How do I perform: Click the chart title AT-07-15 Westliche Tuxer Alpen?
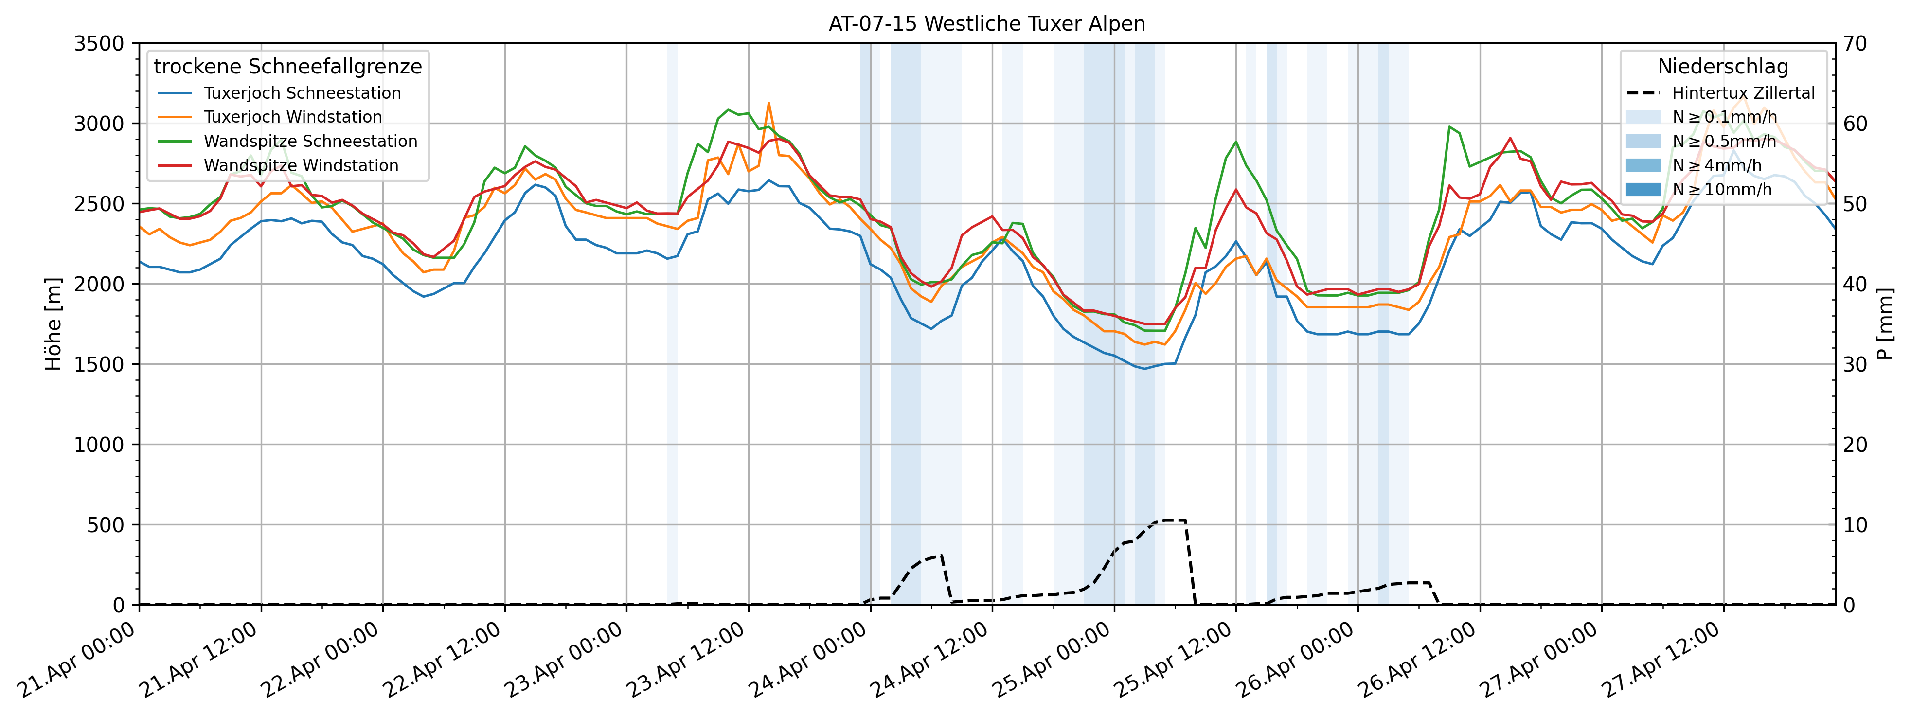point(987,24)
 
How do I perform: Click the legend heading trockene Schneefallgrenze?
point(288,67)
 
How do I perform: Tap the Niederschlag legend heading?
point(1723,67)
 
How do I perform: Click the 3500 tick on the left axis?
point(99,44)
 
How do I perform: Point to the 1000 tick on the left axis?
point(99,445)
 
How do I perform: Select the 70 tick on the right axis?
point(1856,44)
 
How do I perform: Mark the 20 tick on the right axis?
point(1856,445)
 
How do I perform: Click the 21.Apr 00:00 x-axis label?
point(77,661)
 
